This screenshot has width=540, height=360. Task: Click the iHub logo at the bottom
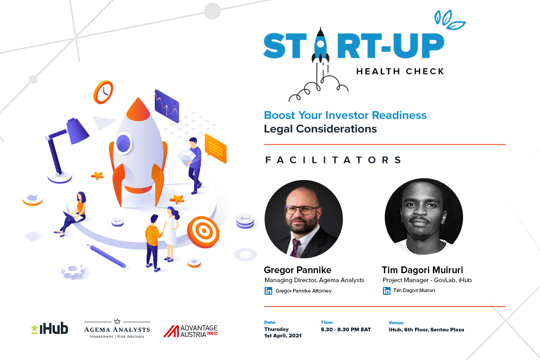point(49,328)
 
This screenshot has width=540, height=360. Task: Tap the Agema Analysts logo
point(117,329)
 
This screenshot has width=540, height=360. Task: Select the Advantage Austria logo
point(190,331)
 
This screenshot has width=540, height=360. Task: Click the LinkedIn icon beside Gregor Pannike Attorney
point(268,291)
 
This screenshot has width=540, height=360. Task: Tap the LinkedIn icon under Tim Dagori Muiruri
point(387,291)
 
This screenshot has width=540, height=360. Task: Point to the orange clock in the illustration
point(103,92)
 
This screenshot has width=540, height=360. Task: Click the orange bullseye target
point(203,232)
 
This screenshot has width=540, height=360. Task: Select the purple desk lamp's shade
point(77,131)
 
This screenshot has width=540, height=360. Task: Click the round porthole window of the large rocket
point(123,143)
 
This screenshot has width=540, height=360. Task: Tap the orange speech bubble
point(216,149)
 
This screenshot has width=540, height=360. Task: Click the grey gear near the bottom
point(73,271)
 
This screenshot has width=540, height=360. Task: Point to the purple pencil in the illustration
point(107,256)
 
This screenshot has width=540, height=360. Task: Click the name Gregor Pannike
point(297,270)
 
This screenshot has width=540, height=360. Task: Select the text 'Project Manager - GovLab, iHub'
point(427,280)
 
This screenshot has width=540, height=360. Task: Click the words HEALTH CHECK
point(400,72)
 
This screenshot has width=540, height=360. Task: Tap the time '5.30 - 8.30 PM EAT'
point(346,329)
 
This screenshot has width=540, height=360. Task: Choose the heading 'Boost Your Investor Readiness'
point(345,115)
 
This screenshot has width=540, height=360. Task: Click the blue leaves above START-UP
point(450,20)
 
